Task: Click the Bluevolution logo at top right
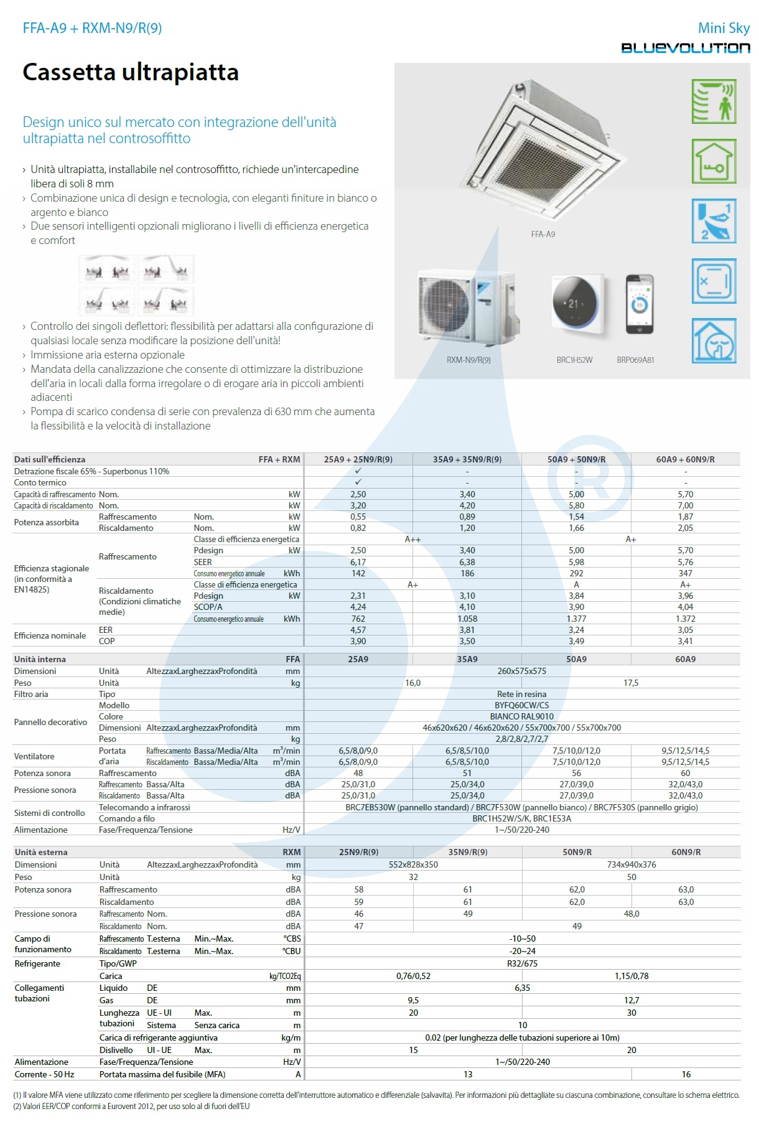(x=685, y=48)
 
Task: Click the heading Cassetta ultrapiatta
(x=131, y=72)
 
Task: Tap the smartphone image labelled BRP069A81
(x=639, y=305)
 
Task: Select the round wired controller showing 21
(x=575, y=305)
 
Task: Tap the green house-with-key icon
(x=714, y=161)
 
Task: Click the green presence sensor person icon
(x=714, y=101)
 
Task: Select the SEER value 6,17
(x=358, y=562)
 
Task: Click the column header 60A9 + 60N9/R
(x=685, y=459)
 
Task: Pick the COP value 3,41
(x=685, y=641)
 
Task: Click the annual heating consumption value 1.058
(x=467, y=619)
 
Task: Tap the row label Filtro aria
(x=31, y=694)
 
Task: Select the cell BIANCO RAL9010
(x=521, y=716)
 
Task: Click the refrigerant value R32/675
(x=522, y=963)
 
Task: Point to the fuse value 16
(x=686, y=1074)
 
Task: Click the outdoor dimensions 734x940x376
(x=631, y=864)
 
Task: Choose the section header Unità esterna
(x=41, y=852)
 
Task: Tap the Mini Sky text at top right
(x=724, y=28)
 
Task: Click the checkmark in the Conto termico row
(x=358, y=482)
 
